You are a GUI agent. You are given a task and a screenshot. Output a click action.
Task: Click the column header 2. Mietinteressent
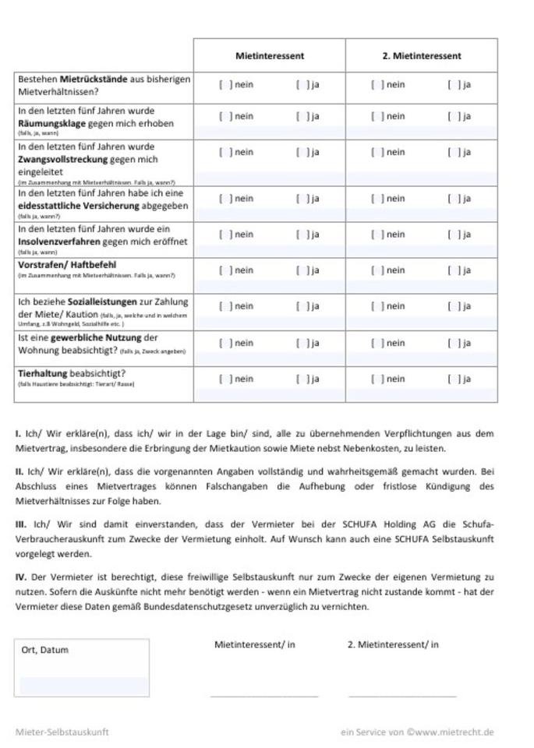[421, 56]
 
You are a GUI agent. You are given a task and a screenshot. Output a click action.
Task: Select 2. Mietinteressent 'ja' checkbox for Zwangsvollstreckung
[453, 153]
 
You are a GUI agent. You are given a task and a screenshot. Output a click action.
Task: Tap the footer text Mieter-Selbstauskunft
[62, 732]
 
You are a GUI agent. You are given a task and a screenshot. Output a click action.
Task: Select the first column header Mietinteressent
[270, 56]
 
